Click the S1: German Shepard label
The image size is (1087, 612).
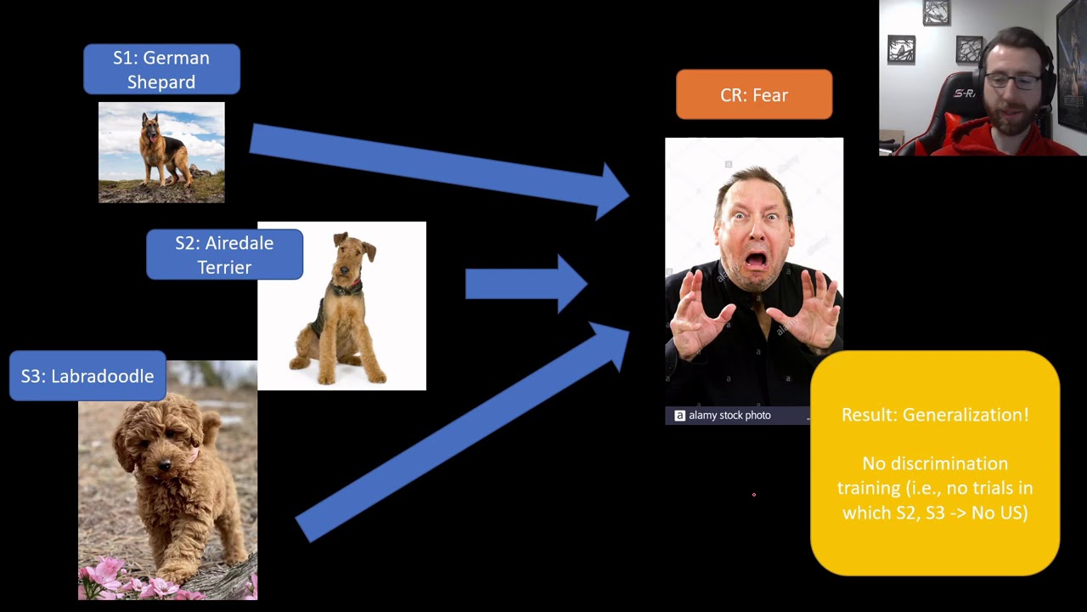point(161,70)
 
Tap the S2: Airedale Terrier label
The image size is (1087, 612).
point(224,255)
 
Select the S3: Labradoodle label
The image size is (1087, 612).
point(87,376)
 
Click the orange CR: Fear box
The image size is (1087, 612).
point(754,95)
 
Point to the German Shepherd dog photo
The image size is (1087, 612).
point(161,152)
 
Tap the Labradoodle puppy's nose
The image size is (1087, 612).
point(165,465)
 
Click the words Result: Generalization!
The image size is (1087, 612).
point(935,415)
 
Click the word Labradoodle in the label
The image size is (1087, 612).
point(103,376)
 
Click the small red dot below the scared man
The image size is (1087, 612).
point(753,494)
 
